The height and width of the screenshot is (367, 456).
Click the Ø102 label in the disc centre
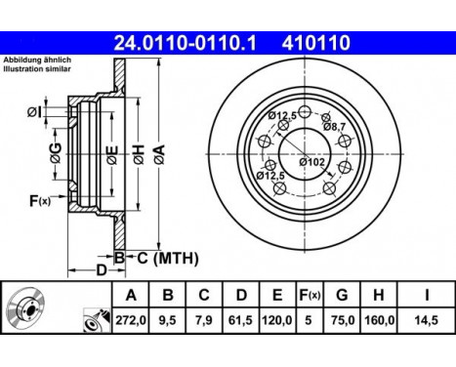click(312, 161)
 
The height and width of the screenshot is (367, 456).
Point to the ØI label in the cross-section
click(34, 112)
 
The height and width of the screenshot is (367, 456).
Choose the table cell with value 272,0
click(133, 318)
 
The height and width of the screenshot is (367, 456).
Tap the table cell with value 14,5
click(427, 318)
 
